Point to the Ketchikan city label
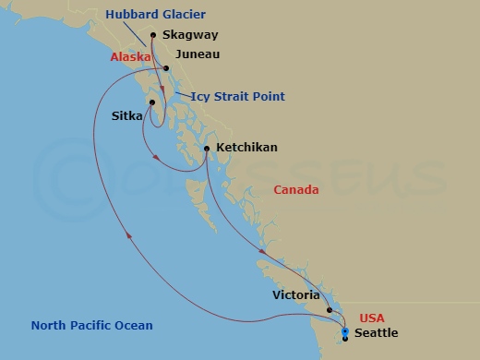[246, 147]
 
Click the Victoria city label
[297, 296]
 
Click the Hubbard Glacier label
[155, 14]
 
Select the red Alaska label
[131, 56]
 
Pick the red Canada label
[296, 190]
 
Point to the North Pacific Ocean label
[92, 325]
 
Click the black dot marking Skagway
[153, 36]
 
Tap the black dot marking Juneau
[166, 68]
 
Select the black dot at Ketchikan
[207, 148]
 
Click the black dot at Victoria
[330, 310]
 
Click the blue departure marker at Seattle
[345, 330]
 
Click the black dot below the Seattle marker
[345, 339]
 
